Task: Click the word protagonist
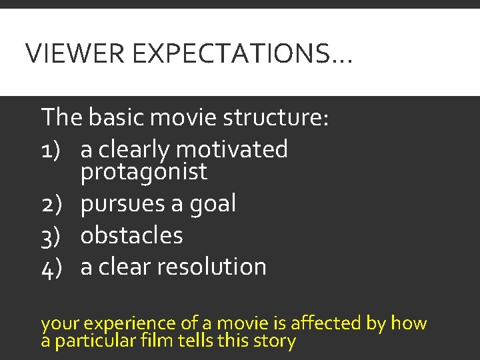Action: tap(143, 173)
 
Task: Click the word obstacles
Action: tap(131, 235)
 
